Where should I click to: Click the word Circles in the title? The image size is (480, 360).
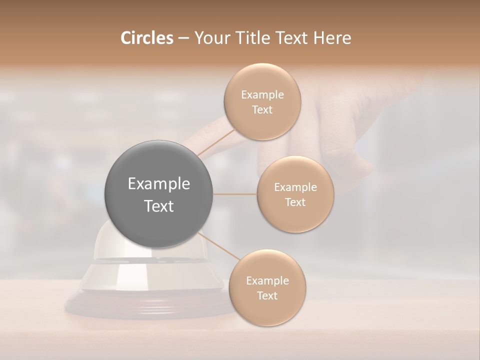(146, 38)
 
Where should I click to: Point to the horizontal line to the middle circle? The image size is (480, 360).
(235, 194)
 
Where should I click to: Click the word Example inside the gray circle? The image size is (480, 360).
(159, 184)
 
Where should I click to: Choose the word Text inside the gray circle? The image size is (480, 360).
(159, 206)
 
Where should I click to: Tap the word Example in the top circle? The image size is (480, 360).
(262, 95)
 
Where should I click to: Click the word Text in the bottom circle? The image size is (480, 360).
(267, 295)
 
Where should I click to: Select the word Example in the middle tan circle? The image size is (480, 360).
(295, 187)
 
